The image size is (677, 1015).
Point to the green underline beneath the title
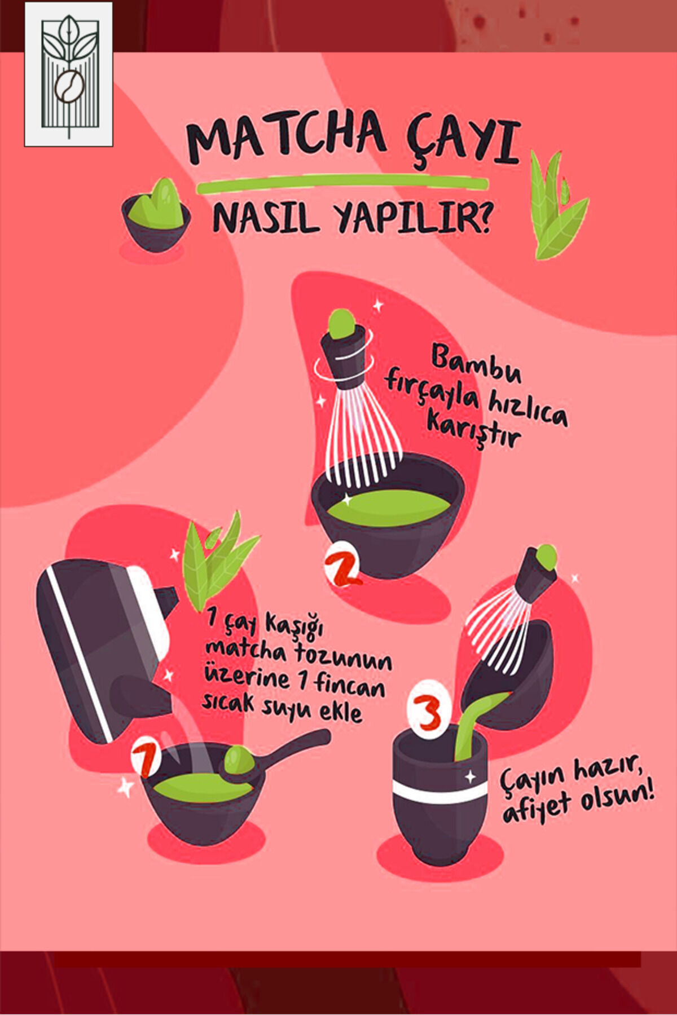coord(342,184)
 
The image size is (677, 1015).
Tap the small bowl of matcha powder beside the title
coord(156,215)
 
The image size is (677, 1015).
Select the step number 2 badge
coord(341,564)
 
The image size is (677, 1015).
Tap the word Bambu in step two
coord(476,364)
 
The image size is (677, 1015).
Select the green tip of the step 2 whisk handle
coord(342,324)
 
